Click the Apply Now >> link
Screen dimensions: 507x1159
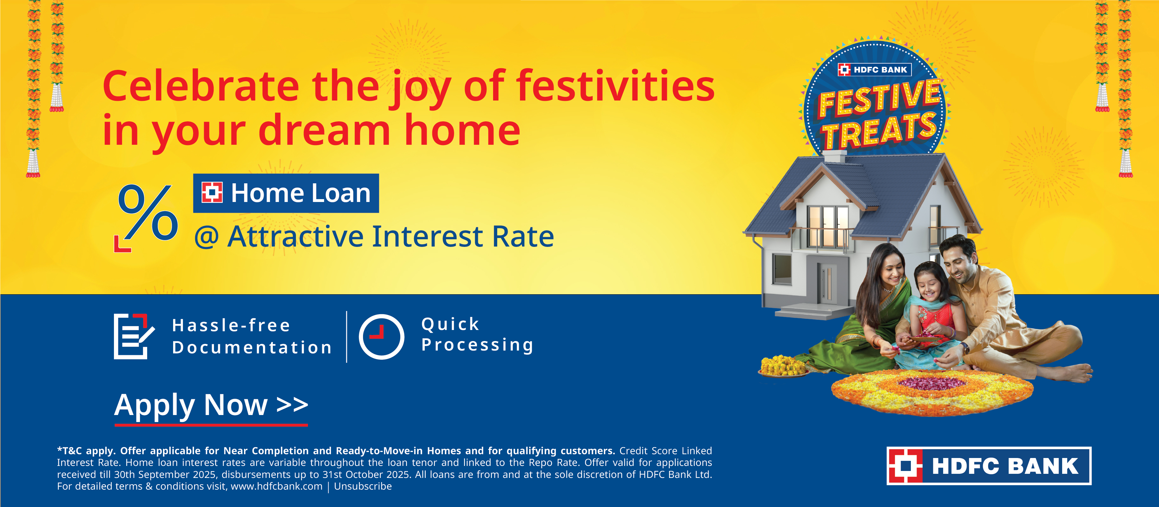coord(210,406)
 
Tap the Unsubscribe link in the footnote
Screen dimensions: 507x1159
coord(363,486)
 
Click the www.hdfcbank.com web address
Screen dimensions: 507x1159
coord(276,486)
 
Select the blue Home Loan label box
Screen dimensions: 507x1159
coord(286,193)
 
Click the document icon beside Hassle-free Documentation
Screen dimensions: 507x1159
coord(133,336)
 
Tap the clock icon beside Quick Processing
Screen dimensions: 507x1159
coord(381,337)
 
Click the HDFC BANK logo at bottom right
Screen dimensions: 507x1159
coord(988,466)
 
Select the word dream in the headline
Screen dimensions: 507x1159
coord(324,130)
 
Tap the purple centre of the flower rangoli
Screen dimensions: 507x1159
coord(931,383)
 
